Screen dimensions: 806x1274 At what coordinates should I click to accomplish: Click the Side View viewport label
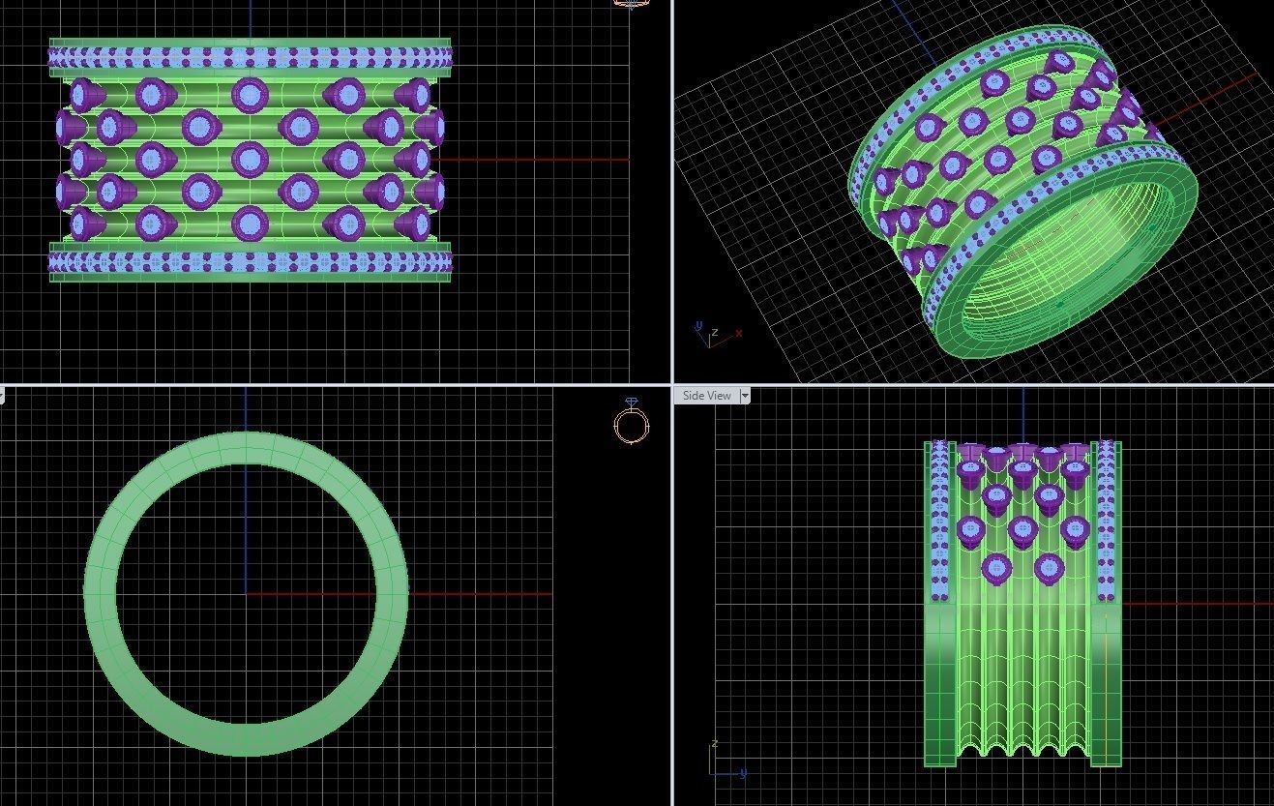(x=706, y=396)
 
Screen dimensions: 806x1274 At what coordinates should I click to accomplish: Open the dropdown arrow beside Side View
(x=745, y=396)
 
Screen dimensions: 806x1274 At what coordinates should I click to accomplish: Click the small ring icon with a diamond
(x=631, y=422)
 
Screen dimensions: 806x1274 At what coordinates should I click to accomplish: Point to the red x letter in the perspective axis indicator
(x=739, y=333)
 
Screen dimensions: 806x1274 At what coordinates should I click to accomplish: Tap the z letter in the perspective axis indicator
(x=715, y=332)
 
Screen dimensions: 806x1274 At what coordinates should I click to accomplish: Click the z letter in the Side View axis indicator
(x=714, y=743)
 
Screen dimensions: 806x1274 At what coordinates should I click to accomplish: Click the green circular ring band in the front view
(x=102, y=593)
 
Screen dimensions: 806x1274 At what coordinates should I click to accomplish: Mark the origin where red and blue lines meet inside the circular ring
(x=246, y=593)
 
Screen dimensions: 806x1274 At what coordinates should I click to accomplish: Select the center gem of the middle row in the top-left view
(x=250, y=159)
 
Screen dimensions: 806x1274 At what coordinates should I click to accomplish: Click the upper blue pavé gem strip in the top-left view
(x=250, y=57)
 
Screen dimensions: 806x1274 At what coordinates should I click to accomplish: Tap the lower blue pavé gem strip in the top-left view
(x=250, y=262)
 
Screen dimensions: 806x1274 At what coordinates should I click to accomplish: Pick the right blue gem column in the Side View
(x=1107, y=522)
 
